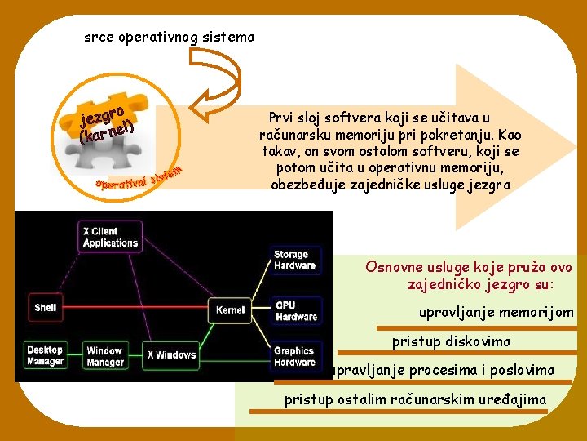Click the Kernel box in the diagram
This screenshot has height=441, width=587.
[x=230, y=310]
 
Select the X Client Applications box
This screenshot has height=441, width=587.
[x=110, y=237]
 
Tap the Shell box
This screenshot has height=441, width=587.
[x=46, y=307]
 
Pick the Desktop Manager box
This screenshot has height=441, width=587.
[x=45, y=355]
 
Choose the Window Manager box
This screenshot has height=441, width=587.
[x=104, y=356]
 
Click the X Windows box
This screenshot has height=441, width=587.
[x=171, y=355]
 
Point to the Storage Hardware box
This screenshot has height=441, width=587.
[x=294, y=260]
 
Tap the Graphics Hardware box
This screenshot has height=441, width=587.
[x=294, y=356]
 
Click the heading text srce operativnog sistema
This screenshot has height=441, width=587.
[x=170, y=37]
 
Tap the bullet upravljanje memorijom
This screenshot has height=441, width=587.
[x=496, y=312]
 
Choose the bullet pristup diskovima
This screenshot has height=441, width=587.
[x=451, y=341]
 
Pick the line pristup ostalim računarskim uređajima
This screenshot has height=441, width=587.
[x=416, y=399]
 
